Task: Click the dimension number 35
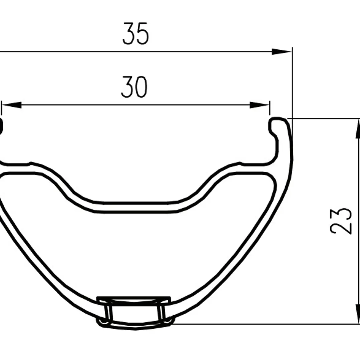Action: pyautogui.click(x=135, y=34)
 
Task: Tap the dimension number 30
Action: pyautogui.click(x=134, y=87)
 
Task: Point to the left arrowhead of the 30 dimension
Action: pyautogui.click(x=12, y=105)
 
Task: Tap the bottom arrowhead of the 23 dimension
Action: pyautogui.click(x=358, y=314)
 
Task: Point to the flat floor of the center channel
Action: pyautogui.click(x=133, y=207)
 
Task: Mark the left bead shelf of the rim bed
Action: pyautogui.click(x=15, y=164)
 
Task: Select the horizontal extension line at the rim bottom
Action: pyautogui.click(x=267, y=324)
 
